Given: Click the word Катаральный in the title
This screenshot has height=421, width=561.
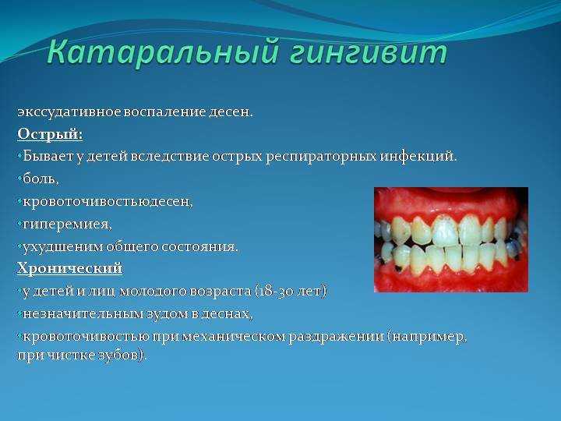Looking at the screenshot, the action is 163,52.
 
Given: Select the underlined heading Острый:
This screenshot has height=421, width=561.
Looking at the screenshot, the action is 50,135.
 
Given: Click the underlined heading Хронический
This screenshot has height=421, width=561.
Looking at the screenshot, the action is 70,268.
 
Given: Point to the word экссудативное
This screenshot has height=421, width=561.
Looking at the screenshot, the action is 69,112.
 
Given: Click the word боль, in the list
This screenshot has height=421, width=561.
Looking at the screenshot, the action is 41,179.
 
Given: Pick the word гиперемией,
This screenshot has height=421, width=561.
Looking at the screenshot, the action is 67,225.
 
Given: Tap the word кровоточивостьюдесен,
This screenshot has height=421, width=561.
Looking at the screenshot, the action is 108,202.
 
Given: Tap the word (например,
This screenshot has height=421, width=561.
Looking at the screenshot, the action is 428,338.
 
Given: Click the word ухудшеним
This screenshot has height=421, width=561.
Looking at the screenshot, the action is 62,247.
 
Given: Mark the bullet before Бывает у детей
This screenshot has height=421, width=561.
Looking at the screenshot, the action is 19,157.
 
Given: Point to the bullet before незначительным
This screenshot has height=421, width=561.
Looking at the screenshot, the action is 19,314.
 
